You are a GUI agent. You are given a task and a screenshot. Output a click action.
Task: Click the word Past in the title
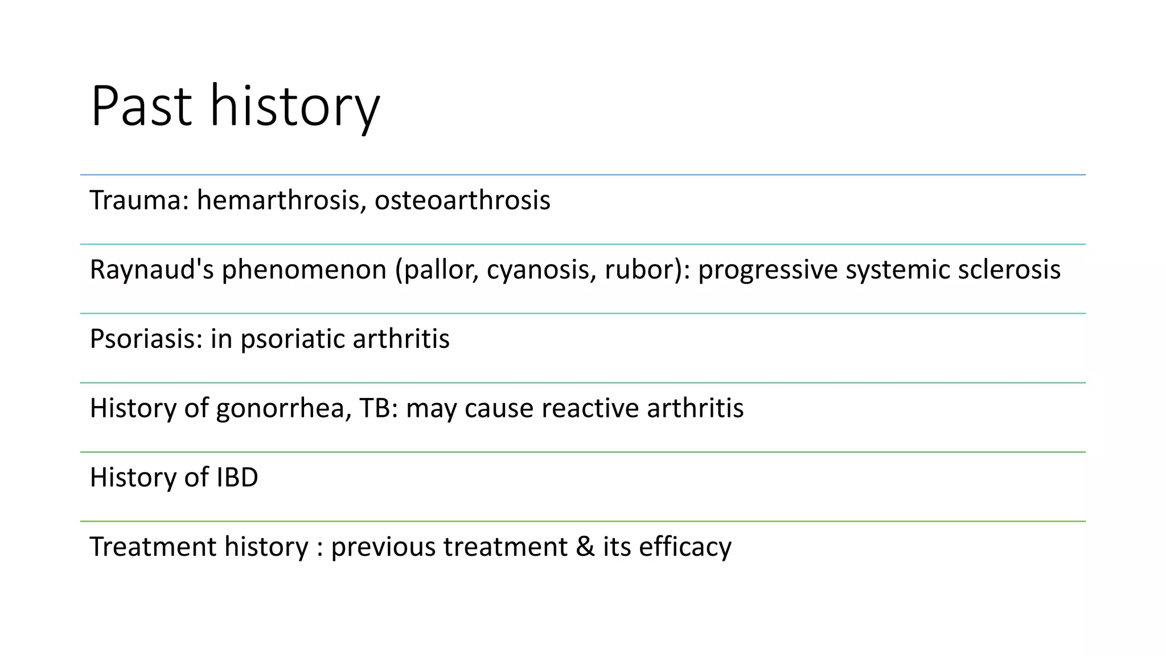[141, 106]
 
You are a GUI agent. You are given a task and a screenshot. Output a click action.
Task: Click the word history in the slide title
[294, 106]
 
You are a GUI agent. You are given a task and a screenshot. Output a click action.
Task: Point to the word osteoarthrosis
[462, 200]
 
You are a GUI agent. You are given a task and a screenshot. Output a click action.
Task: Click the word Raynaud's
[151, 270]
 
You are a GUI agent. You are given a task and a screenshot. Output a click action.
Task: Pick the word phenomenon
[304, 270]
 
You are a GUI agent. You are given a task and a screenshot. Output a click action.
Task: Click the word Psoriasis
[146, 339]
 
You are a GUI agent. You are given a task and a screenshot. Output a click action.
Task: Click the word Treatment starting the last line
[153, 547]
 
